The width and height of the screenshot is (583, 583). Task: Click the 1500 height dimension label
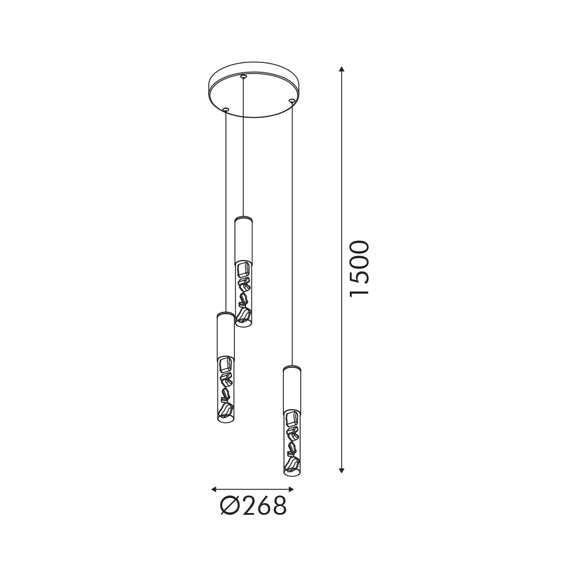[359, 268]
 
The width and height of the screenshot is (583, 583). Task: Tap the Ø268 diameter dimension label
[253, 505]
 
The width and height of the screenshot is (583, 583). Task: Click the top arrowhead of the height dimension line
[342, 69]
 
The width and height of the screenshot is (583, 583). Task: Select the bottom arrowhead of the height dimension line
[342, 470]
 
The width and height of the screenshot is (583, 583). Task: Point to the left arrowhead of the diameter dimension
[214, 489]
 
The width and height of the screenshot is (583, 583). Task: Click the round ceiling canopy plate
[255, 90]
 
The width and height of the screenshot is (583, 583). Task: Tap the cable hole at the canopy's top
[243, 76]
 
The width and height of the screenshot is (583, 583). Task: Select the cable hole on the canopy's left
[226, 109]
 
